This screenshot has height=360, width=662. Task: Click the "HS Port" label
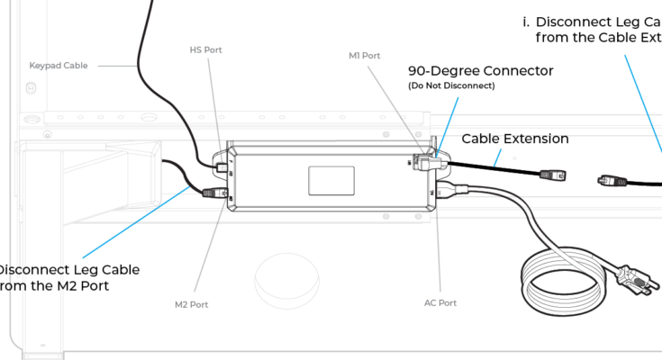[206, 49]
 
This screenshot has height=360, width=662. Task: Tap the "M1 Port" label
[361, 56]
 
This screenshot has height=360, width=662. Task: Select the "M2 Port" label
[192, 305]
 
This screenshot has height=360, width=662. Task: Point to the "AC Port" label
[440, 303]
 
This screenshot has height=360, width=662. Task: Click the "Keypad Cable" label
[59, 66]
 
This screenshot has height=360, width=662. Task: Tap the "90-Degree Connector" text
[481, 71]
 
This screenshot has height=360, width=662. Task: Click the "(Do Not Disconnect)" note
[451, 86]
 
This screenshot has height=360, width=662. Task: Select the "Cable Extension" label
[515, 139]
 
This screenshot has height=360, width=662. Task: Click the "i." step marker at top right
[526, 22]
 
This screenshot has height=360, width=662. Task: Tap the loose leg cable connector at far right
[612, 180]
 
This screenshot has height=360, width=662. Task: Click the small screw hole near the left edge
[31, 88]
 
